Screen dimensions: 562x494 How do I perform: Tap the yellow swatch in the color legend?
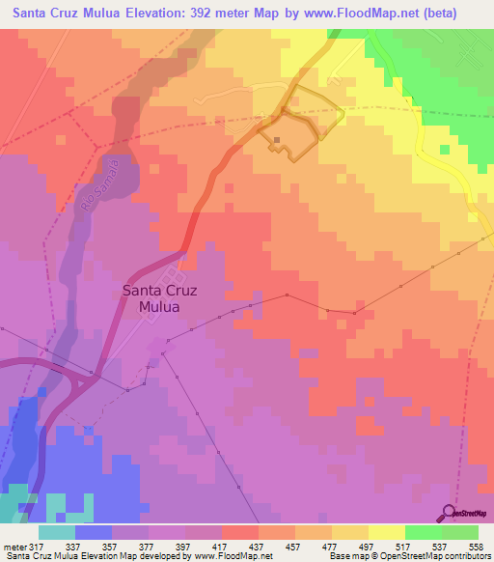[386, 533]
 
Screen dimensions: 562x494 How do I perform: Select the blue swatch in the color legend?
[94, 533]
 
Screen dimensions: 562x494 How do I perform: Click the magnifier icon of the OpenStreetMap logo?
[450, 511]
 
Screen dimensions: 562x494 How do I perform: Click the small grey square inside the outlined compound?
[277, 140]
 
